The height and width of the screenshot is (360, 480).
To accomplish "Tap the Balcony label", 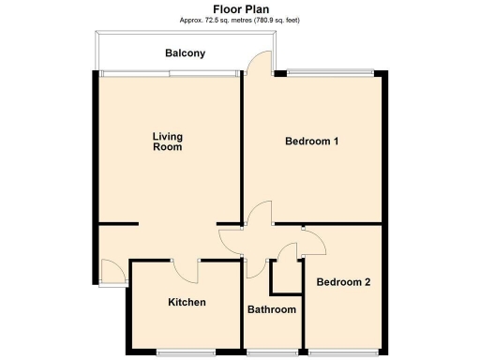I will tap(185, 53).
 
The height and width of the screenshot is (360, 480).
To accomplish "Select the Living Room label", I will tap(167, 142).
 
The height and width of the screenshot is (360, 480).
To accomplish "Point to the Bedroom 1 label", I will tap(311, 142).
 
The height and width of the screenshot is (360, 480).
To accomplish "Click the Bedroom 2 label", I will tap(343, 281).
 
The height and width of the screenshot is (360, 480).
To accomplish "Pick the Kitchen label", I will tap(187, 302).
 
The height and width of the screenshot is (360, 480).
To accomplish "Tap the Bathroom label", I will tap(271, 309).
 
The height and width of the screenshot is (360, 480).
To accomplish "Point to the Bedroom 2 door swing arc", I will tap(313, 241).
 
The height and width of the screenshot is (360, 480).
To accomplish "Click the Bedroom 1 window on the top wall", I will tap(330, 72).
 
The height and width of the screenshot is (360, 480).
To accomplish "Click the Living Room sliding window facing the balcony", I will tap(169, 72).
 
